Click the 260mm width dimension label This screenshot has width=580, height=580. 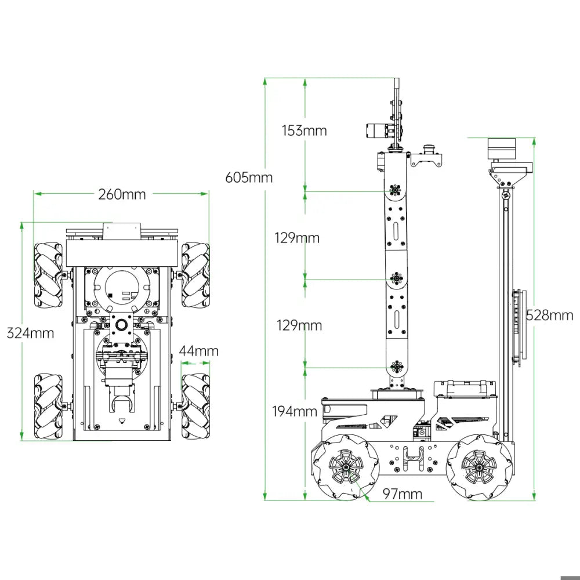[x=122, y=194]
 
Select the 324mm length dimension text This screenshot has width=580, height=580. [x=30, y=333]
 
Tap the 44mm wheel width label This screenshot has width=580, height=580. [x=199, y=351]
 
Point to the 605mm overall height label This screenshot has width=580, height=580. [x=249, y=177]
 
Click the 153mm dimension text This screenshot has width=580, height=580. [x=304, y=130]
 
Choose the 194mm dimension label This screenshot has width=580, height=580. [x=295, y=412]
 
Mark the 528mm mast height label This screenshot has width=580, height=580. [x=549, y=315]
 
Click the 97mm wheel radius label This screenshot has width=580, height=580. [x=403, y=494]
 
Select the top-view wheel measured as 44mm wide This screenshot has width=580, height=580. [x=195, y=406]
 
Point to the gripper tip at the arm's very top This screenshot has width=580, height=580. [x=397, y=84]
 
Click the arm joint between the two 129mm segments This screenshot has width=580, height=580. [x=396, y=279]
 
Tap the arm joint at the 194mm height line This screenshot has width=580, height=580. [x=397, y=367]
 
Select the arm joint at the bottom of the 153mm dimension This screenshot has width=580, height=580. [x=396, y=190]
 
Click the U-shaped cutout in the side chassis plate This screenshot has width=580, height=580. [x=412, y=458]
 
